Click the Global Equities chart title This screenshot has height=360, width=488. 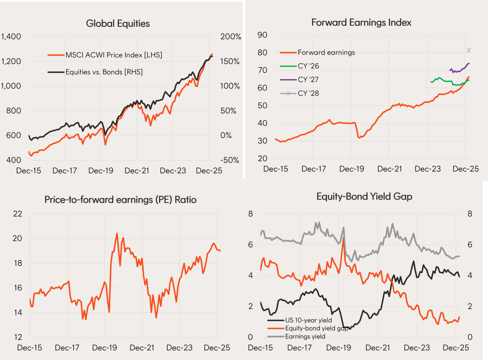(118, 23)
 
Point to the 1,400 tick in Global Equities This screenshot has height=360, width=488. (11, 37)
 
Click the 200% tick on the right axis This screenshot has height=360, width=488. (230, 37)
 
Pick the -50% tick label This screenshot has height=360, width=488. (230, 160)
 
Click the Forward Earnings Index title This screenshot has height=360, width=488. (361, 23)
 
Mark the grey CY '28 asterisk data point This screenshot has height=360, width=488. (469, 51)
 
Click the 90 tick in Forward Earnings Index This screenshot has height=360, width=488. (262, 35)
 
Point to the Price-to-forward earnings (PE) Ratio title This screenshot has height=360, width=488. (120, 200)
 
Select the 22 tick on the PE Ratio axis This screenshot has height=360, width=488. (17, 214)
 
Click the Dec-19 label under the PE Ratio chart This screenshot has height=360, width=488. (105, 348)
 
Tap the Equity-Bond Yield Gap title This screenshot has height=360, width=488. (364, 197)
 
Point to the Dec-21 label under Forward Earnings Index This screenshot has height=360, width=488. (390, 169)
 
